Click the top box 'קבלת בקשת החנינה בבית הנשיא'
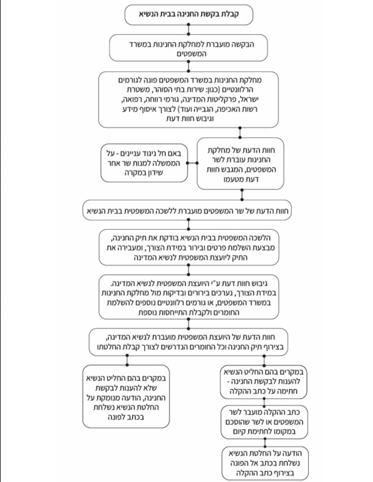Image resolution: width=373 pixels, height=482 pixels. (x=188, y=14)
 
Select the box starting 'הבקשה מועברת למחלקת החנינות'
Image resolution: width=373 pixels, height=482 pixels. (x=188, y=48)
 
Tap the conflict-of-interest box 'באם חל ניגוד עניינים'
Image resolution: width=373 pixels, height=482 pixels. (x=144, y=163)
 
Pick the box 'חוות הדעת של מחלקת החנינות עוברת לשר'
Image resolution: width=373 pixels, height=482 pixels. (x=240, y=164)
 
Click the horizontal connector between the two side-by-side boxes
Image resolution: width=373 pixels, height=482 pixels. (x=192, y=163)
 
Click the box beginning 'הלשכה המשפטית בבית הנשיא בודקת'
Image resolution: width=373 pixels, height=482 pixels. (x=189, y=248)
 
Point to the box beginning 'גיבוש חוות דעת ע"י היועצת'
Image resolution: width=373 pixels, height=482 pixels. (x=189, y=297)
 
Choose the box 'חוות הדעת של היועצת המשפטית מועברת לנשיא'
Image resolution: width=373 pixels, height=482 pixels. (x=189, y=342)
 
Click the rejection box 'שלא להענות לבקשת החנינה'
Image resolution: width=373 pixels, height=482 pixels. (x=126, y=397)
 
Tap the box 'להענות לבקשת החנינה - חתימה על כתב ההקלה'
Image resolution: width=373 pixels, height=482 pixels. (x=263, y=382)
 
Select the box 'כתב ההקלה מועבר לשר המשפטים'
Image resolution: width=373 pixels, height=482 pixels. (x=264, y=422)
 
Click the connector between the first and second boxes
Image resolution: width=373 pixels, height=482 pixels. (x=188, y=29)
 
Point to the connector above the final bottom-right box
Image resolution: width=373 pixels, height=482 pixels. (x=265, y=442)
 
